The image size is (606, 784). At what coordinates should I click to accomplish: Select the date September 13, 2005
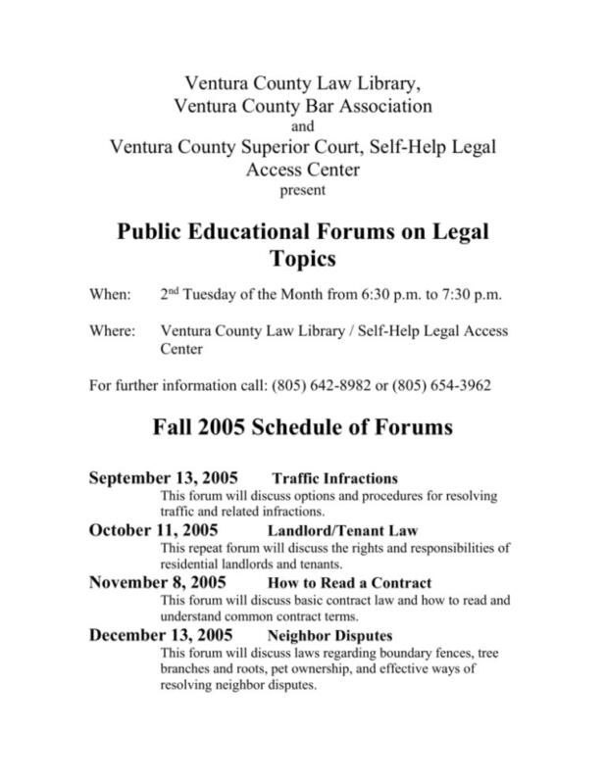pos(164,478)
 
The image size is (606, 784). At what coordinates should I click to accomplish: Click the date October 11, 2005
pos(155,530)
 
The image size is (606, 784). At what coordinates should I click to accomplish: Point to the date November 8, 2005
pos(158,582)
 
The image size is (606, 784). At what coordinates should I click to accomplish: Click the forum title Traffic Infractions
pos(334,479)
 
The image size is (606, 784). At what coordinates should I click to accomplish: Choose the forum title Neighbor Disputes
pos(324,635)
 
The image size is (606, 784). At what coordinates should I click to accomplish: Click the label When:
pos(109,294)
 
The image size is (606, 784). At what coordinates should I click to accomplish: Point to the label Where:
pos(113,330)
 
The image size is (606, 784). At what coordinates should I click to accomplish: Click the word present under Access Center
pos(302,190)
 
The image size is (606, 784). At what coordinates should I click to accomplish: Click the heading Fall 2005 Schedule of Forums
pos(302,428)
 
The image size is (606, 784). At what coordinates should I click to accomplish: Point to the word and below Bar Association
pos(302,125)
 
